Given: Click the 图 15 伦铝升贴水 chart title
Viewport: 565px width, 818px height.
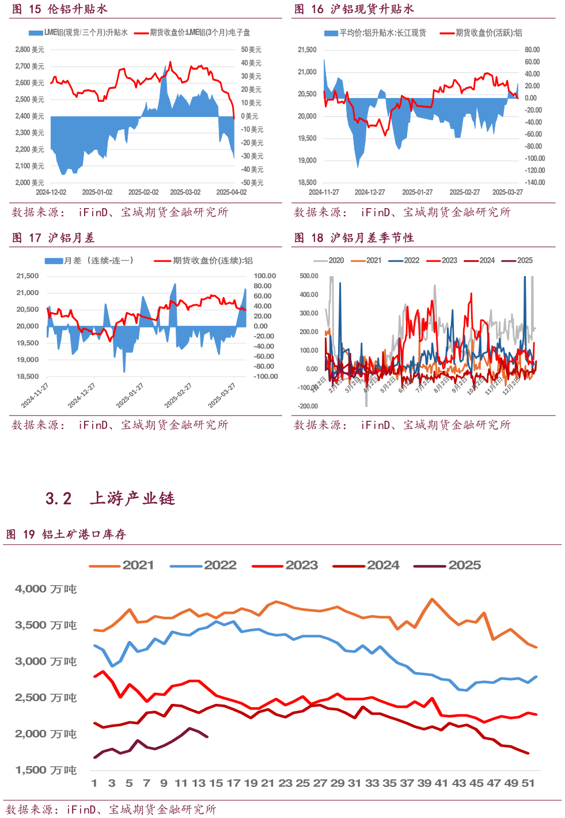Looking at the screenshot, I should click(60, 9).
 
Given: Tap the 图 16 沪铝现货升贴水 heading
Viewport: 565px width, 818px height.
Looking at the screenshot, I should click(354, 9).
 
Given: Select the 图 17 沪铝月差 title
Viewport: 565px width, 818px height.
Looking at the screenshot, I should click(53, 238).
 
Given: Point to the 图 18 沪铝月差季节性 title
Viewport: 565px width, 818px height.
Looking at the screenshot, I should click(354, 238).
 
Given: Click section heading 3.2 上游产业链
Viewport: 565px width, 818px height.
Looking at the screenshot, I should click(110, 498).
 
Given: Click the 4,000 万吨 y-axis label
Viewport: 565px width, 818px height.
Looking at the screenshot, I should click(45, 589).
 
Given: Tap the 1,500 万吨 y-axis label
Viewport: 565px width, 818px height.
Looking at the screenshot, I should click(45, 770).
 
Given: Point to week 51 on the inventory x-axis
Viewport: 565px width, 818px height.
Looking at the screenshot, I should click(528, 783).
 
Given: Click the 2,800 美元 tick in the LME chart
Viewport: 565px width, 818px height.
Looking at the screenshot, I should click(29, 50).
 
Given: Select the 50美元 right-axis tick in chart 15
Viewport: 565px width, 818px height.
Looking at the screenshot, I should click(251, 50).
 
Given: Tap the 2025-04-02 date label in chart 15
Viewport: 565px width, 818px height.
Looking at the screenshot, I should click(231, 192).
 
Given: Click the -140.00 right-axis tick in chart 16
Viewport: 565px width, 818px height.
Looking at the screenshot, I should click(535, 182).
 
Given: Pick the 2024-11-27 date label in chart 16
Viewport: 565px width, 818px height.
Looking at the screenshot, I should click(324, 192).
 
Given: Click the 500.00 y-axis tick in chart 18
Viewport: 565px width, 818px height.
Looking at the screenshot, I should click(309, 276).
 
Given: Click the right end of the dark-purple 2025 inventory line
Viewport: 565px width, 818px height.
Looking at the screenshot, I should click(207, 737).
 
